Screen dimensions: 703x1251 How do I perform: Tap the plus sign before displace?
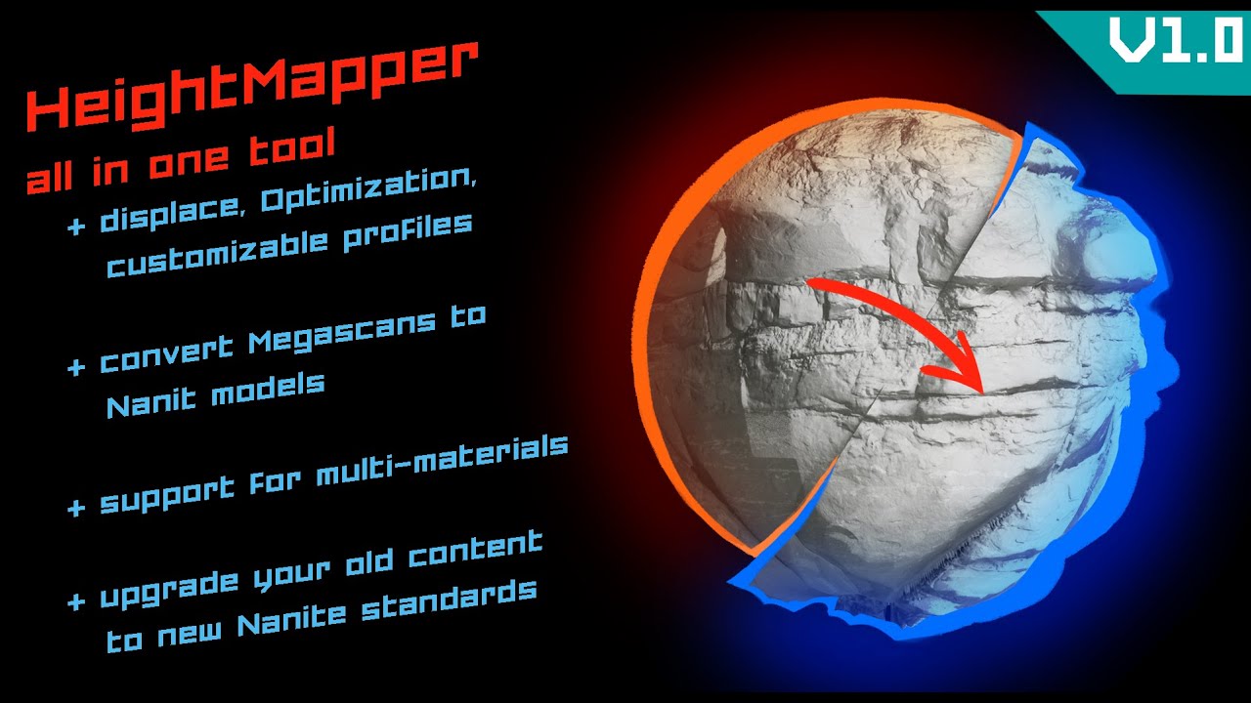75,228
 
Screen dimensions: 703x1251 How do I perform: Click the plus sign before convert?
75,368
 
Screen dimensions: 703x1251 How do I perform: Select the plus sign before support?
75,509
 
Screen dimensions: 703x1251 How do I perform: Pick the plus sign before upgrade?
75,600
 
